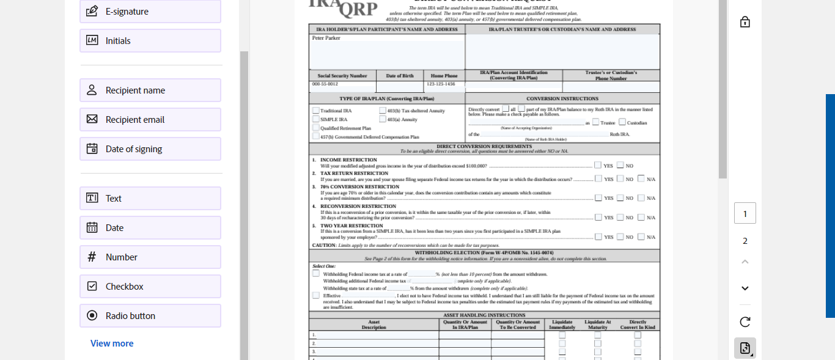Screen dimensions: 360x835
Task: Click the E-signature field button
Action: pos(150,12)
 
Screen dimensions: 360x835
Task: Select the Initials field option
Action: pos(150,41)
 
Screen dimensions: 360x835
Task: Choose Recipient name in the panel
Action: pos(150,90)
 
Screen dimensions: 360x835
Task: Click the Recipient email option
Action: pos(150,120)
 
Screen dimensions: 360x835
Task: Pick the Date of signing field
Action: pos(150,149)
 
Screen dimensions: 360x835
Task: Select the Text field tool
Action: pos(150,199)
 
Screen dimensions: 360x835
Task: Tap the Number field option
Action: pos(150,257)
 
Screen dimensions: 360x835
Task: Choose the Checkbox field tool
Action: pos(150,287)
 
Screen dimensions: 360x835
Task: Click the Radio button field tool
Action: pos(150,316)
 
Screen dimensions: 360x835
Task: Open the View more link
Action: pos(112,343)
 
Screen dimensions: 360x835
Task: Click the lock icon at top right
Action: pos(745,22)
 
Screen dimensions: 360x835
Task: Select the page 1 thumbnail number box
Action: pos(745,213)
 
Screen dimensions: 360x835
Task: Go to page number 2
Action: pos(745,241)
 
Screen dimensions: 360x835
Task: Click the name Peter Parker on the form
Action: pos(326,38)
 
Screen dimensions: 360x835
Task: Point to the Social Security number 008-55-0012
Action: pos(325,84)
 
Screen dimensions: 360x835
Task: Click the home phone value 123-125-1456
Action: pos(441,84)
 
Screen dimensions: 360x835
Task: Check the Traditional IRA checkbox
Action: pos(316,111)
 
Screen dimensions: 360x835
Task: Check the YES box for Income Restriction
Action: pos(598,165)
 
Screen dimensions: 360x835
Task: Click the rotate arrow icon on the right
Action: pos(745,321)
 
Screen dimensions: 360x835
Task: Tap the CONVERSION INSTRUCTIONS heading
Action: pos(562,98)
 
